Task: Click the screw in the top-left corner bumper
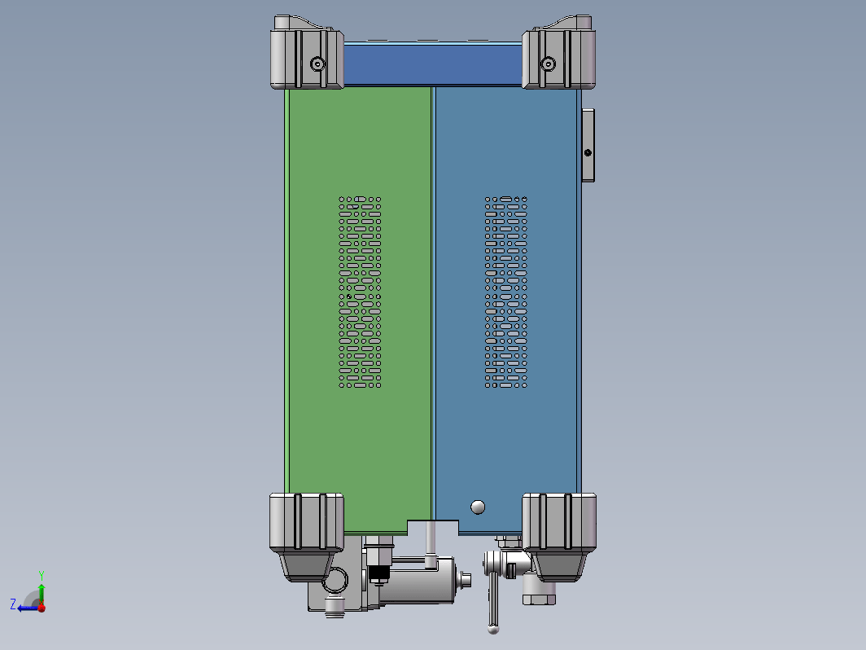click(x=317, y=64)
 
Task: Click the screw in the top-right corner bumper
click(x=548, y=64)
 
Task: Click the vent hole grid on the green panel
click(x=360, y=292)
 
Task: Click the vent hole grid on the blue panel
click(x=506, y=292)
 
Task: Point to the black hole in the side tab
click(x=588, y=152)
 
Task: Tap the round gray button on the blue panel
click(x=478, y=507)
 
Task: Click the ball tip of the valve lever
click(x=493, y=629)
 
